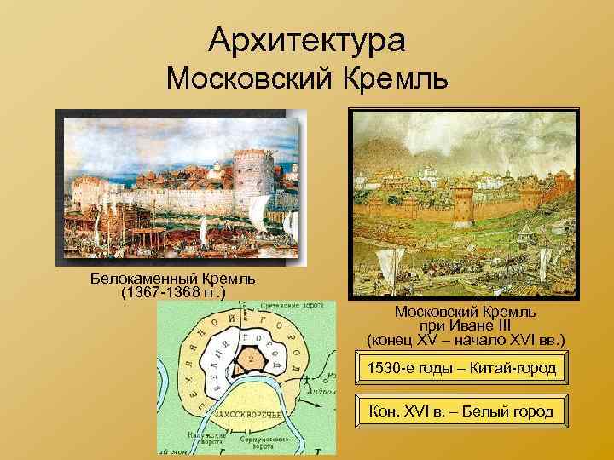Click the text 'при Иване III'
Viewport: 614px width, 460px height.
pyautogui.click(x=465, y=325)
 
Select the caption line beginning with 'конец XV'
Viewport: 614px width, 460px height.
pyautogui.click(x=465, y=339)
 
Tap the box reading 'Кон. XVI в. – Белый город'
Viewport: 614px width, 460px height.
pyautogui.click(x=460, y=411)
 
